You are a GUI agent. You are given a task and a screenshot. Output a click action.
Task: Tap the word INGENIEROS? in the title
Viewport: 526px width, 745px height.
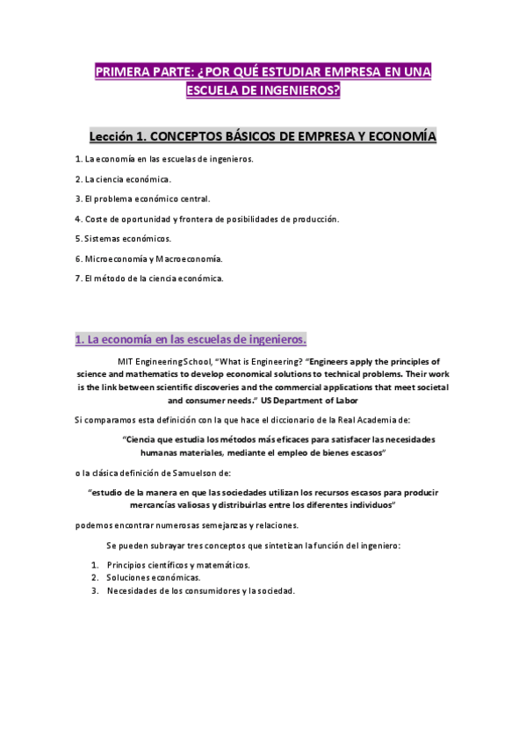(296, 90)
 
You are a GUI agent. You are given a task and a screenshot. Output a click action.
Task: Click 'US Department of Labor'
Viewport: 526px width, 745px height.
(321, 400)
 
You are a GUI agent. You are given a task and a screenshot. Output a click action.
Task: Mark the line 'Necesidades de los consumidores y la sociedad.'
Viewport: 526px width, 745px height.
(200, 591)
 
